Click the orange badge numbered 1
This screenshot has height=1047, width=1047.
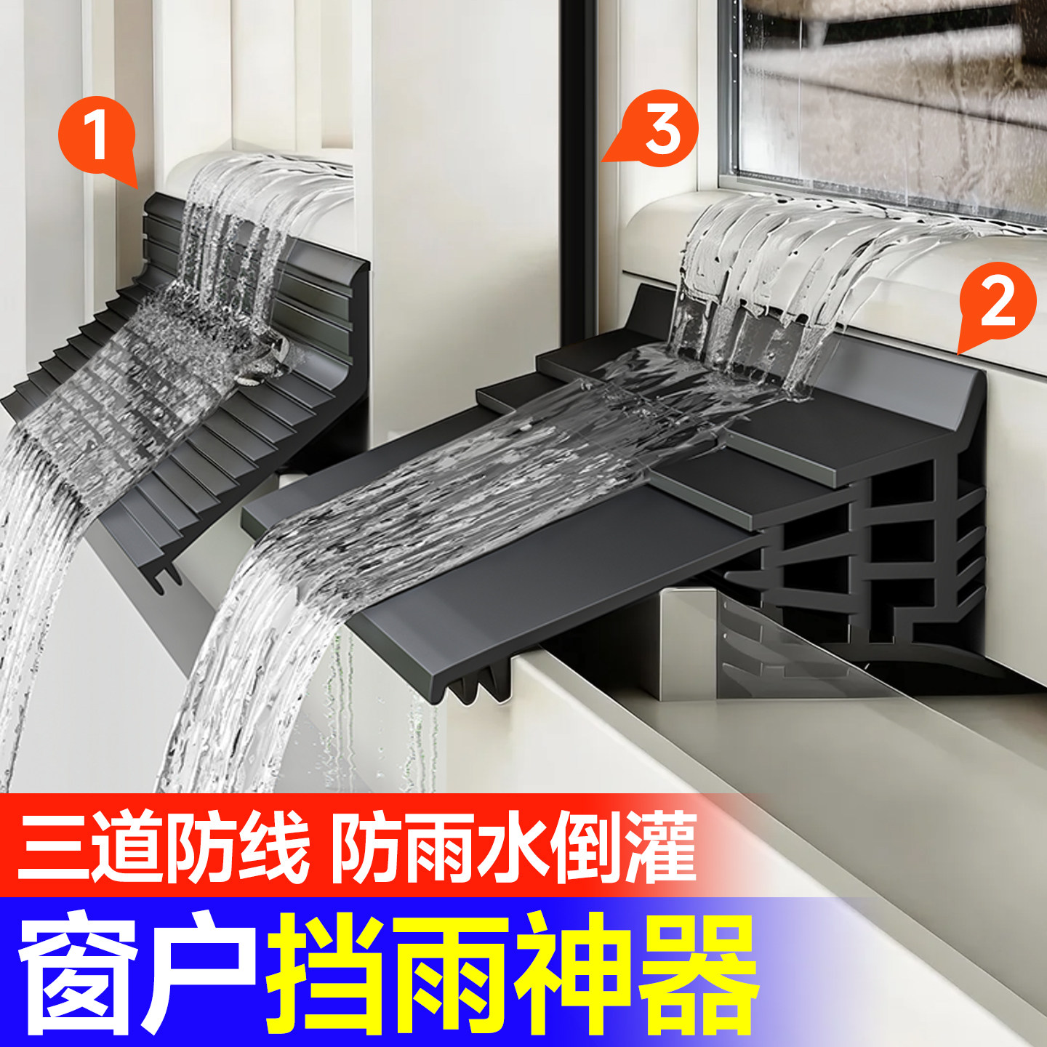click(x=96, y=137)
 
